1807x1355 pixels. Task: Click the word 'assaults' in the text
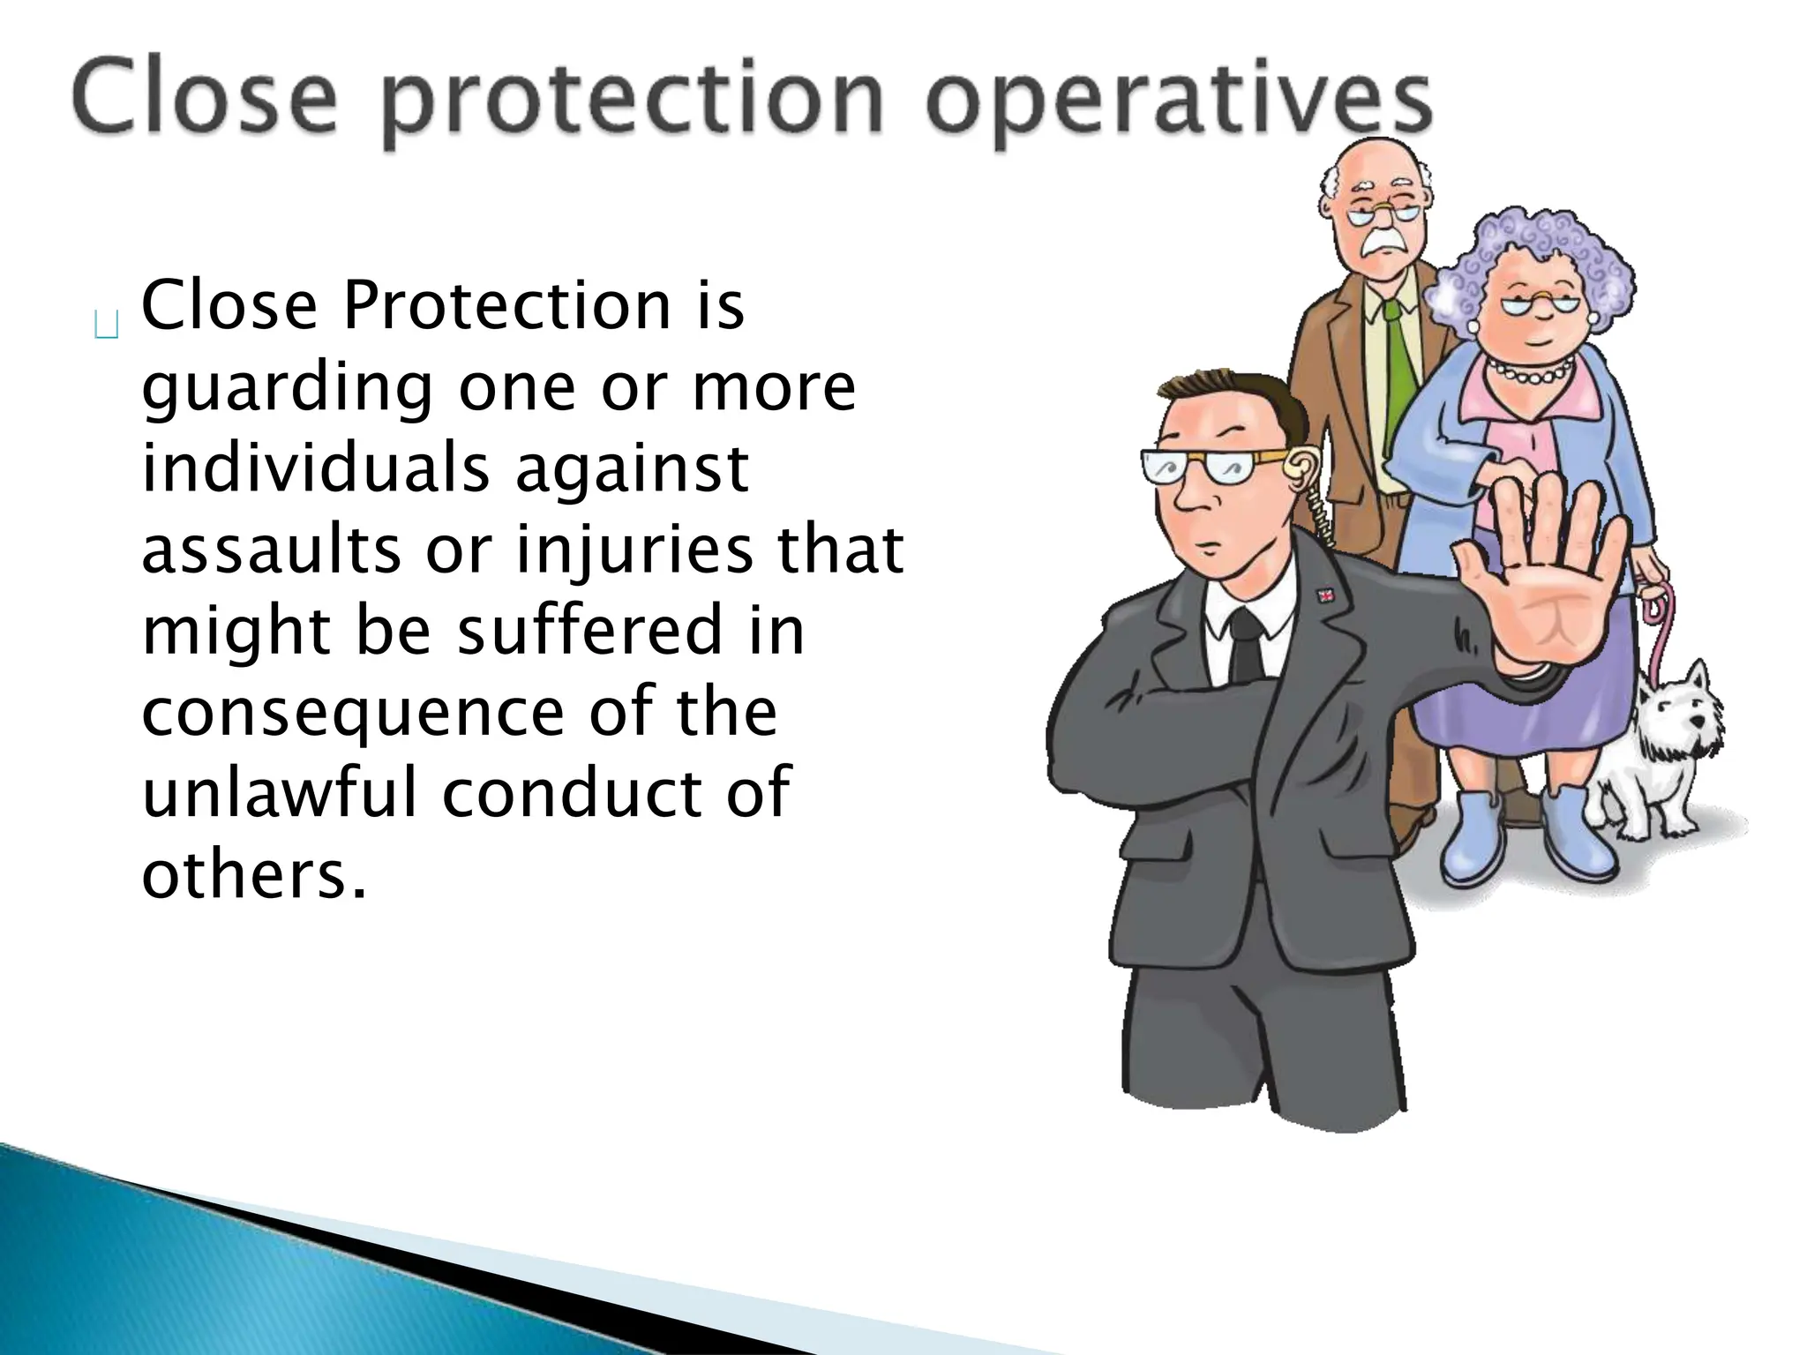(x=271, y=550)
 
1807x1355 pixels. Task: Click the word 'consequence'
(x=352, y=712)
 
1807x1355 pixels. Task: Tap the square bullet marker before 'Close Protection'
(x=106, y=326)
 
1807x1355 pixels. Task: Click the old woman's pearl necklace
(x=1531, y=371)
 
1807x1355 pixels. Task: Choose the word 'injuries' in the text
(x=634, y=550)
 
